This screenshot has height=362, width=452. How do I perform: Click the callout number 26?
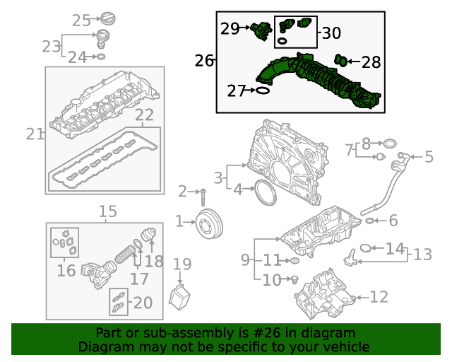coord(204,61)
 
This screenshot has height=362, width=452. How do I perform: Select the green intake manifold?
coord(318,79)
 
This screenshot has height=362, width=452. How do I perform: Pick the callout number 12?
coord(379,297)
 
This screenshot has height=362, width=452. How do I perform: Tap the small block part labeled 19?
coord(181,297)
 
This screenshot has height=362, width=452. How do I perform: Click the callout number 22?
coord(144,115)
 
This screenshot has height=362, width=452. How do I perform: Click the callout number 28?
coord(371,62)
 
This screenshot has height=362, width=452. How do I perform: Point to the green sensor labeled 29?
coord(262,30)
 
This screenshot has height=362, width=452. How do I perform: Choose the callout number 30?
coord(331,33)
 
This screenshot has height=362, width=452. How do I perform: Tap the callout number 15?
coord(107,211)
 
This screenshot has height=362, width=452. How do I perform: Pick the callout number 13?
coord(422,254)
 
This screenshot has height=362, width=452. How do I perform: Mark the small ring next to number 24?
coord(100,56)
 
